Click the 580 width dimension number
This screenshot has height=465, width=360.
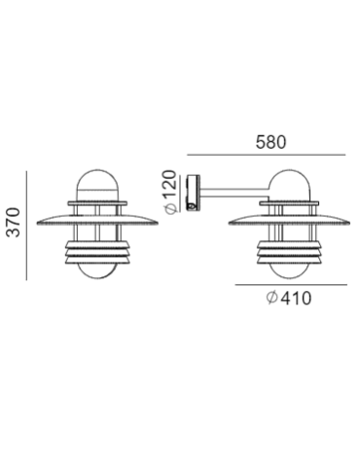271,140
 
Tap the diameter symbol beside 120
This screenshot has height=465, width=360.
171,207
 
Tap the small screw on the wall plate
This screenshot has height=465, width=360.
195,205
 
